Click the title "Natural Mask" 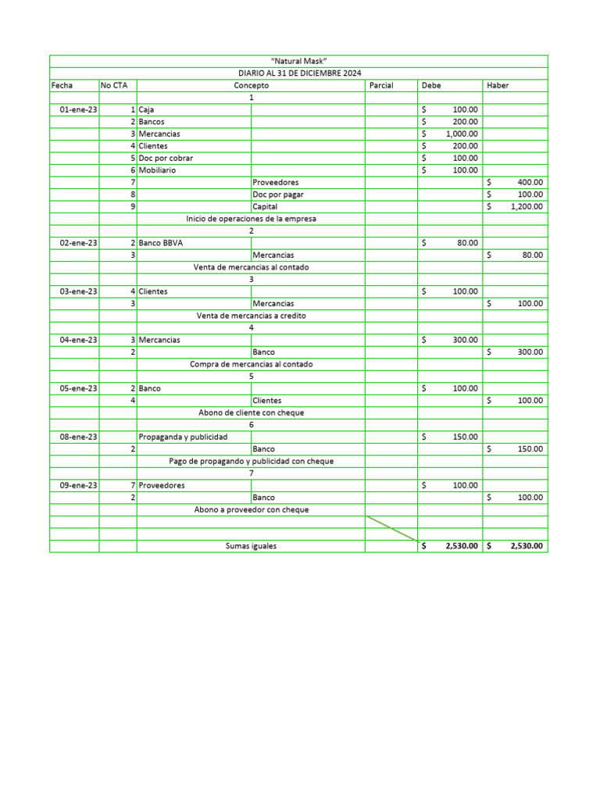(x=298, y=61)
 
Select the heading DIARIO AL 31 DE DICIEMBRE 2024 (x=298, y=73)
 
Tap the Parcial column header (x=381, y=85)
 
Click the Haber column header (x=497, y=85)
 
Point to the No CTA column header (x=113, y=85)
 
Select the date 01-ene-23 (x=78, y=110)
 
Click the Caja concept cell (x=146, y=110)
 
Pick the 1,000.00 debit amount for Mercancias (x=462, y=134)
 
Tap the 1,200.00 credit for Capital (x=526, y=207)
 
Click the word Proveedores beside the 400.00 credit (x=275, y=183)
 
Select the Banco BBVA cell (x=161, y=243)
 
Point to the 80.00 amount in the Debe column (x=467, y=243)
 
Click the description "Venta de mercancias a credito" (x=251, y=316)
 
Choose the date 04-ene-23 (x=78, y=340)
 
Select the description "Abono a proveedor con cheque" (x=251, y=509)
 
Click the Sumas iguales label (x=251, y=546)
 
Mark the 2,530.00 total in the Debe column (x=461, y=546)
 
